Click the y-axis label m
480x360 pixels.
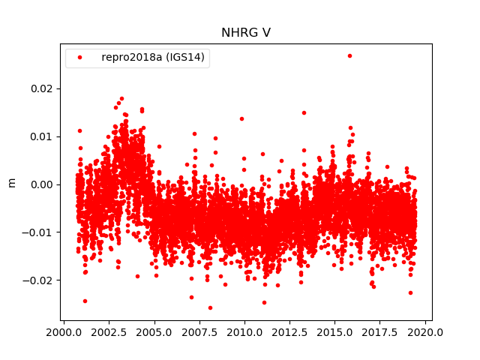(11, 182)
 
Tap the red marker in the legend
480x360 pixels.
(80, 57)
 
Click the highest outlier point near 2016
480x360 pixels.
(349, 55)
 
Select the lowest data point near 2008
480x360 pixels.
(210, 307)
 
